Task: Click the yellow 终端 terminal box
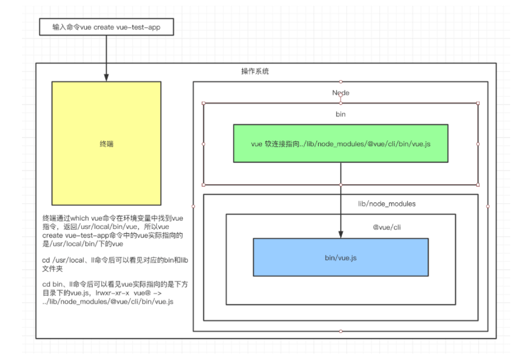(106, 144)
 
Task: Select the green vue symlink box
(341, 143)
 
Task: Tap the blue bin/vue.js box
(341, 257)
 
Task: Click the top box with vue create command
(106, 27)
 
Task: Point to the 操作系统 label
(255, 72)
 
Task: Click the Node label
(340, 92)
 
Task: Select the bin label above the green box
(340, 114)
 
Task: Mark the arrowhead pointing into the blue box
(341, 234)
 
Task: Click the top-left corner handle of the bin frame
(203, 103)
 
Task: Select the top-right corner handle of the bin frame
(478, 103)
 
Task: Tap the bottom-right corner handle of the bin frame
(478, 185)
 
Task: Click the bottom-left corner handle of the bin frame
(203, 185)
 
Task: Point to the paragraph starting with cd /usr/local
(115, 265)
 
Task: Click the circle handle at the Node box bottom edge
(341, 331)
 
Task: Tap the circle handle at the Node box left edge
(193, 206)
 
